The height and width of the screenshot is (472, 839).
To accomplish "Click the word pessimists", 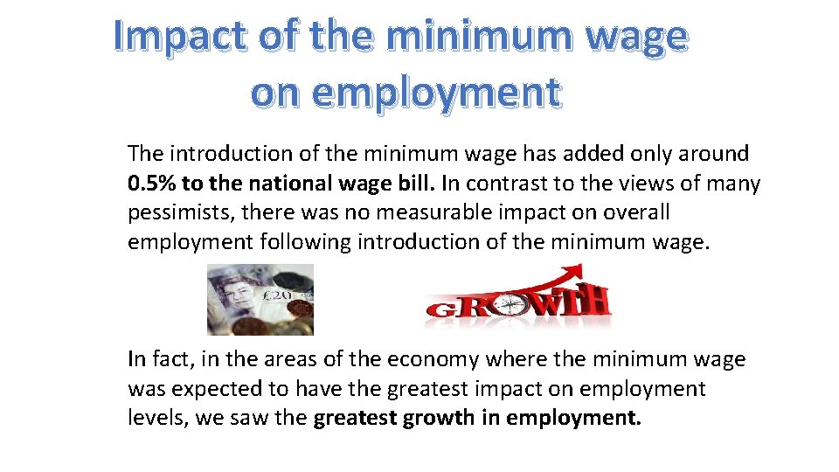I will point(178,212).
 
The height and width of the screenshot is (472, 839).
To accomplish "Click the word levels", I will point(157,417).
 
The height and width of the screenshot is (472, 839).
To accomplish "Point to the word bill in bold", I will point(417,184).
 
